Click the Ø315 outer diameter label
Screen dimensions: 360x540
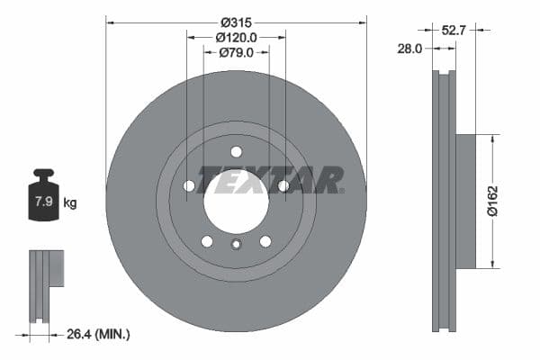coord(237,20)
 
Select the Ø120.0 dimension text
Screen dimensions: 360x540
coord(237,37)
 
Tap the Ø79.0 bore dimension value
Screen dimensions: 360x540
coord(237,53)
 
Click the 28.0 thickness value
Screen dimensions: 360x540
coord(409,49)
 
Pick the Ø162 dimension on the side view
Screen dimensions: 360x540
coord(492,202)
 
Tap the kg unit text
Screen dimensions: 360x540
coord(70,202)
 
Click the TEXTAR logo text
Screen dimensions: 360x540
coord(270,180)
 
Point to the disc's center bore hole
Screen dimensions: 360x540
coord(236,198)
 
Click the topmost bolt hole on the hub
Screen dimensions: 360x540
coord(236,151)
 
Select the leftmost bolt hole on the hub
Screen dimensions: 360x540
coord(189,185)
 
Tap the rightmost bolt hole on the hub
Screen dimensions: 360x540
coord(283,185)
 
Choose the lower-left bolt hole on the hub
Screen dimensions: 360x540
coord(207,241)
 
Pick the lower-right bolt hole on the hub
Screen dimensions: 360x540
coord(265,241)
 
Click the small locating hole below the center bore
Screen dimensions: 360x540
coord(236,245)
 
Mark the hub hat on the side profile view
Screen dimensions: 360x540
coord(464,202)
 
